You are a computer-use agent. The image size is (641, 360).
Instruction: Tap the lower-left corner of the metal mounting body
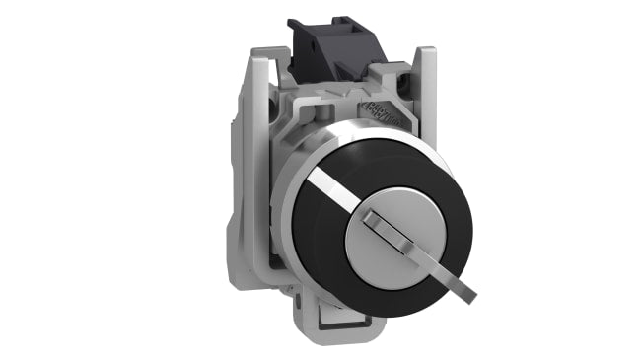point(258,296)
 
